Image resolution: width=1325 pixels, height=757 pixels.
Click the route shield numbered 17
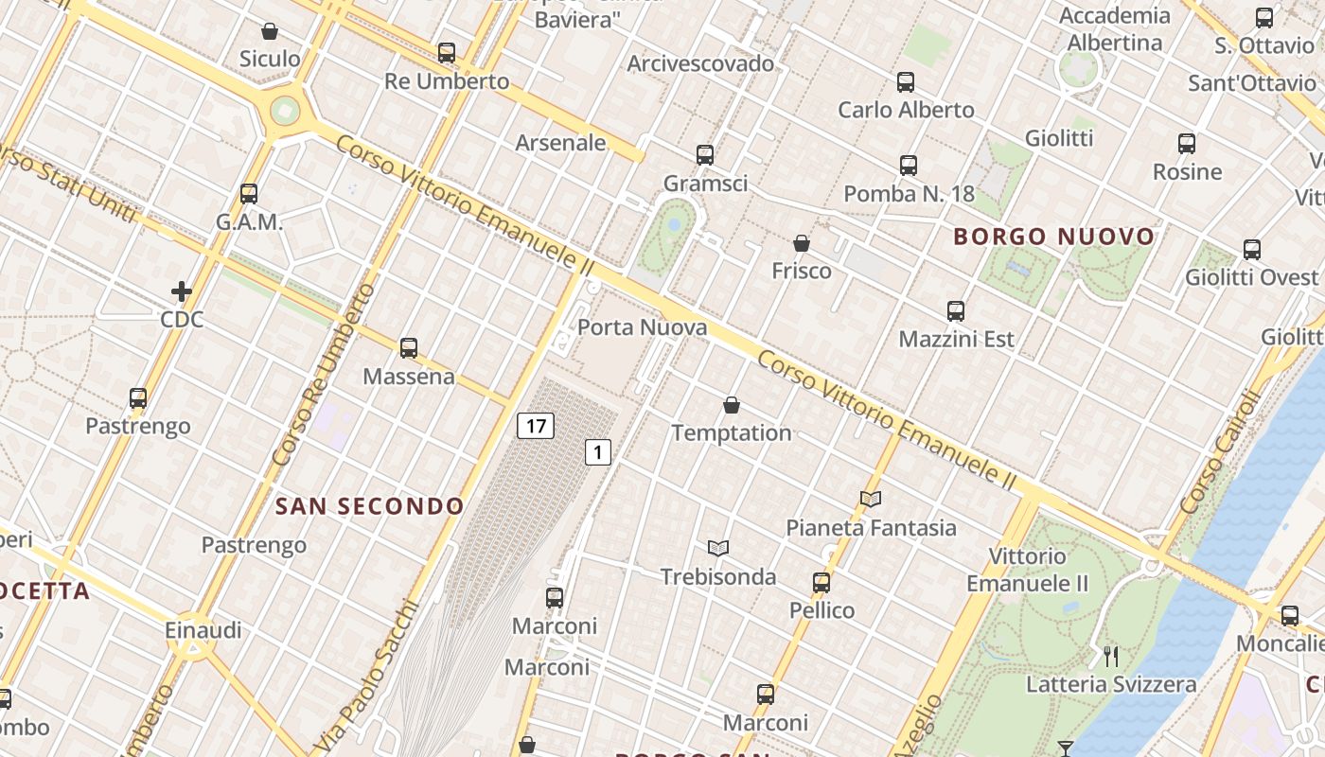(536, 426)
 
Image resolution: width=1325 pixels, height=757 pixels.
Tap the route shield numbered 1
(597, 452)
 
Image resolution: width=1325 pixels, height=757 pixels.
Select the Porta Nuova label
(642, 327)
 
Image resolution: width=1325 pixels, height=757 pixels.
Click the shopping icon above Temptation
(732, 406)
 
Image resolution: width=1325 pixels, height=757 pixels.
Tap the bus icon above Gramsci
(704, 154)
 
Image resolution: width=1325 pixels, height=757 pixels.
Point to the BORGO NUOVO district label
(1054, 237)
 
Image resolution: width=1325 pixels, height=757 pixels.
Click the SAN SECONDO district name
(369, 506)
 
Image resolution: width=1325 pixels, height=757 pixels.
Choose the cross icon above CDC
(182, 291)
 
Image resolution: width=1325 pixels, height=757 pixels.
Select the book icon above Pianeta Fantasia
(871, 499)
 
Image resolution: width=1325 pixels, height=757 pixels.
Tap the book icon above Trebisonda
(718, 548)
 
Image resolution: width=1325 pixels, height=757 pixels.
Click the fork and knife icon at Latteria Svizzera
(1111, 656)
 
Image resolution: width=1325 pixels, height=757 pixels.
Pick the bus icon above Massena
(409, 347)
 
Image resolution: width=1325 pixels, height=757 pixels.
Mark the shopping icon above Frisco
(802, 243)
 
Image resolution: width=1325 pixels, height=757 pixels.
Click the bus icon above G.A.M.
(249, 193)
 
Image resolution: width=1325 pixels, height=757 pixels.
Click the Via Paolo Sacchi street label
(368, 676)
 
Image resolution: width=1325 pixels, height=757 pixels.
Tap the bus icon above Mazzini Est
(956, 310)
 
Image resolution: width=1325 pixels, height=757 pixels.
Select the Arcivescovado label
(700, 63)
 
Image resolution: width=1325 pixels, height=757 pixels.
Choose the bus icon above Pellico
(821, 582)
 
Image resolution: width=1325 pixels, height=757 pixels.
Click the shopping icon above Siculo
(270, 31)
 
